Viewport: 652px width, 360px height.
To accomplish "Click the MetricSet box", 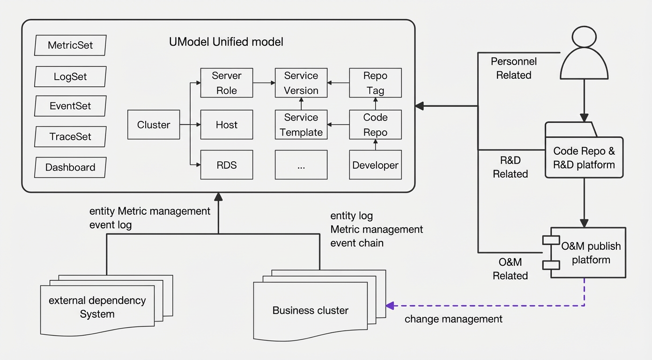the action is [x=70, y=45].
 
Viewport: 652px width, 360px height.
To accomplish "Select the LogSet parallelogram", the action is [x=70, y=76].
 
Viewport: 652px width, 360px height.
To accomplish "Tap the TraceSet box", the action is [x=70, y=136].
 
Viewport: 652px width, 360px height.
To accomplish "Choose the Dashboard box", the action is [x=70, y=167].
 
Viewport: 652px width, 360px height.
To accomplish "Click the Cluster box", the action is [x=154, y=125].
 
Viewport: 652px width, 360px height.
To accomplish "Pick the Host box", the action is [x=227, y=125].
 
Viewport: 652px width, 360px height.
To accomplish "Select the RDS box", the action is [x=227, y=165].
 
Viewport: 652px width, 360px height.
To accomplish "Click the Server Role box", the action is [x=227, y=83].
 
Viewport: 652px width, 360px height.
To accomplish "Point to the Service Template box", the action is [x=301, y=125].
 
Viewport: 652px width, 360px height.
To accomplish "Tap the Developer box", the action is [x=376, y=165].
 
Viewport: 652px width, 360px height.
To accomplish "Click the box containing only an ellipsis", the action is [x=301, y=165].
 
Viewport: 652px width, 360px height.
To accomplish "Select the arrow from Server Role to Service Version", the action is [x=264, y=83].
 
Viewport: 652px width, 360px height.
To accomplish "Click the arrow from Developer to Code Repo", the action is [x=376, y=145].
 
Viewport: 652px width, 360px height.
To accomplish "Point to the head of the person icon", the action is [x=584, y=37].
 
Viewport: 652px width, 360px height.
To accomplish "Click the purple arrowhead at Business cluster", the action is [x=390, y=306].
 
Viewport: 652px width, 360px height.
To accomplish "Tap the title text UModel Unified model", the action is [x=226, y=42].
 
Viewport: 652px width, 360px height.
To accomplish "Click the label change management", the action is [x=453, y=319].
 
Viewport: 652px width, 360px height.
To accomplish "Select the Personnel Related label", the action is [x=514, y=68].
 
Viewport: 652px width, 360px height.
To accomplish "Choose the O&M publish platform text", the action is [x=591, y=253].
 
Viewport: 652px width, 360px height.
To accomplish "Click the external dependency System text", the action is [x=97, y=307].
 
